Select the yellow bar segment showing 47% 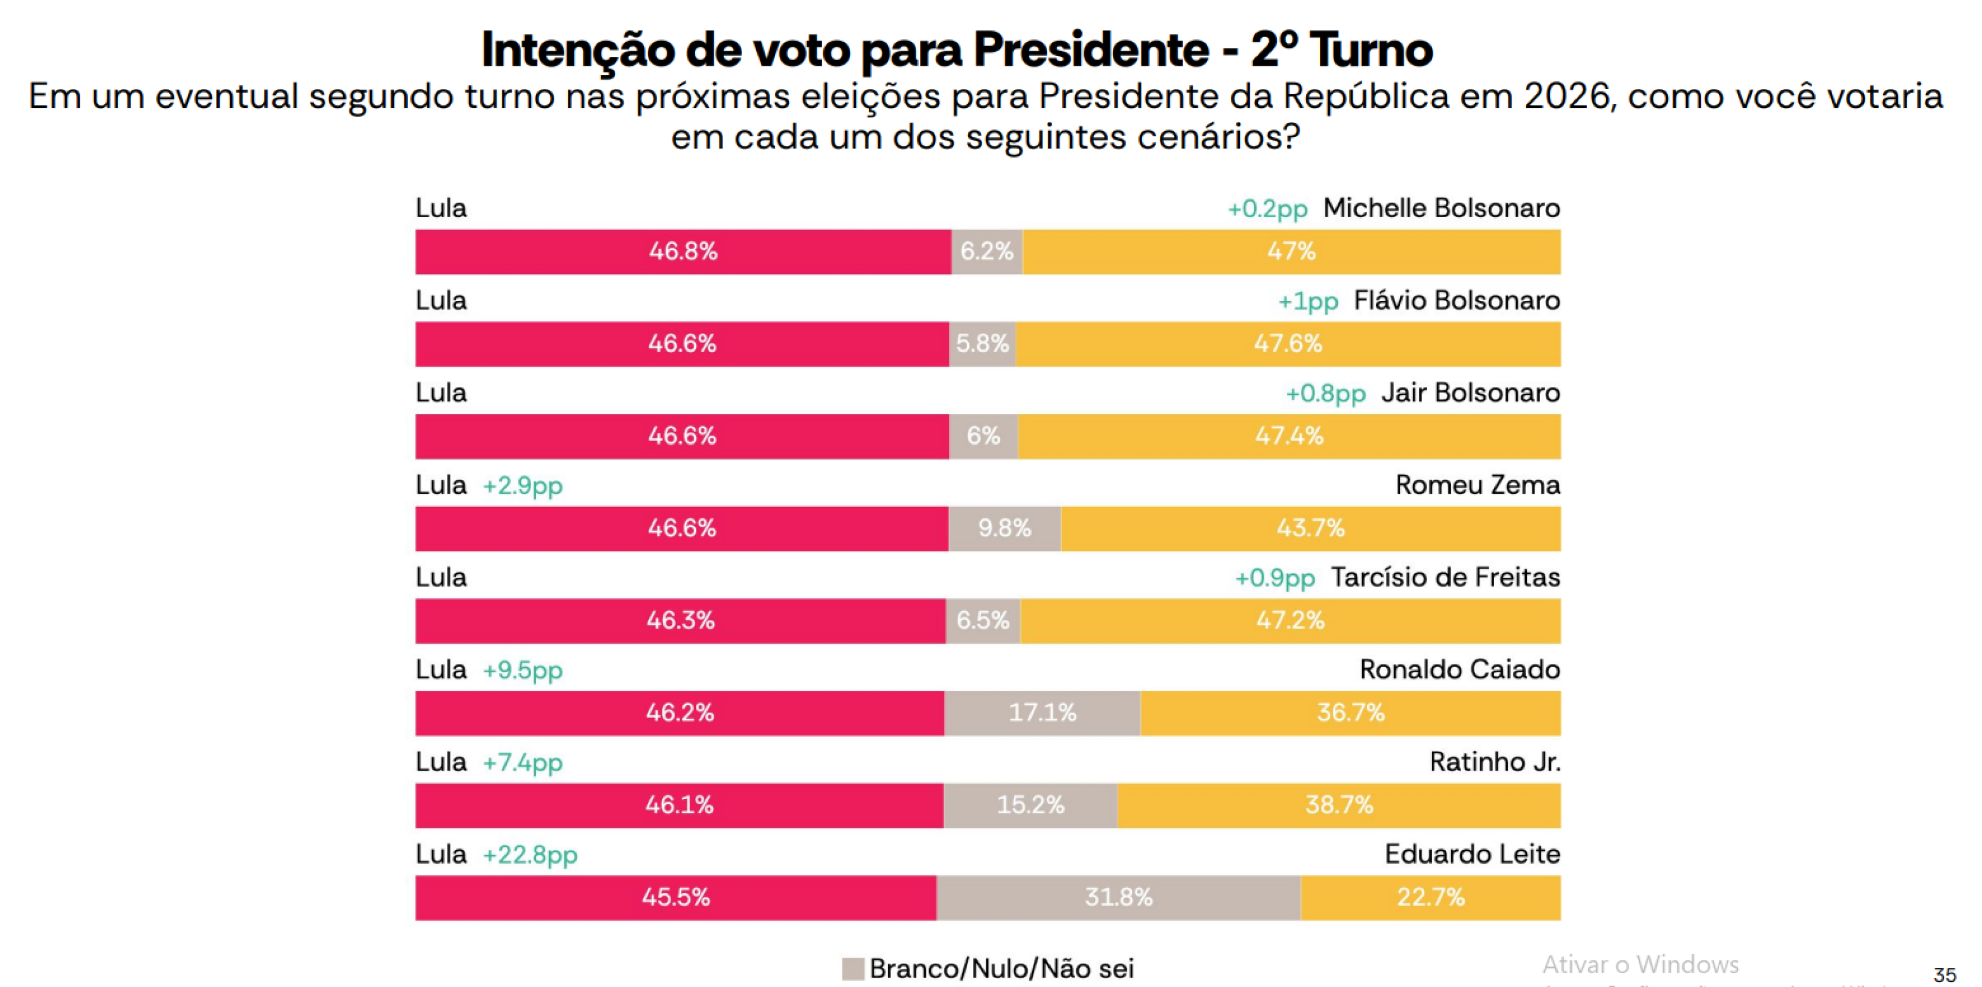(x=1291, y=252)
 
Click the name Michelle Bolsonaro (x=1441, y=208)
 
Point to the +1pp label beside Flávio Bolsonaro (x=1308, y=301)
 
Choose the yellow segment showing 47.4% (x=1289, y=436)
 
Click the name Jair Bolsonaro (x=1470, y=393)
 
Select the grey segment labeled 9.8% (x=1004, y=528)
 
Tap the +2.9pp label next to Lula (x=522, y=486)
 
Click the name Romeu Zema (x=1477, y=486)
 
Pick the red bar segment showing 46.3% (x=680, y=621)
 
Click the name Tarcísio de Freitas (x=1445, y=578)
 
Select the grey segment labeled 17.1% (x=1042, y=713)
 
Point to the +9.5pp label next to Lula (x=522, y=670)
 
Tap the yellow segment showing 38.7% (x=1339, y=805)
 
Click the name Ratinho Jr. (x=1494, y=763)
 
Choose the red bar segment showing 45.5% (x=676, y=898)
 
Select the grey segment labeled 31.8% (x=1118, y=898)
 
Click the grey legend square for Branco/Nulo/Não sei (x=853, y=968)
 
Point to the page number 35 (x=1944, y=975)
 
